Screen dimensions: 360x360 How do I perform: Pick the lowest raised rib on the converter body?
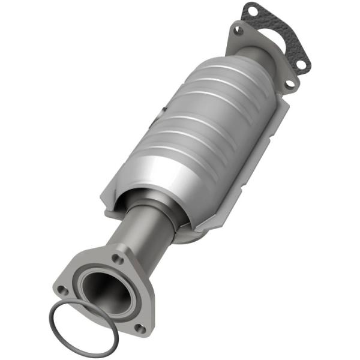coord(168,156)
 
